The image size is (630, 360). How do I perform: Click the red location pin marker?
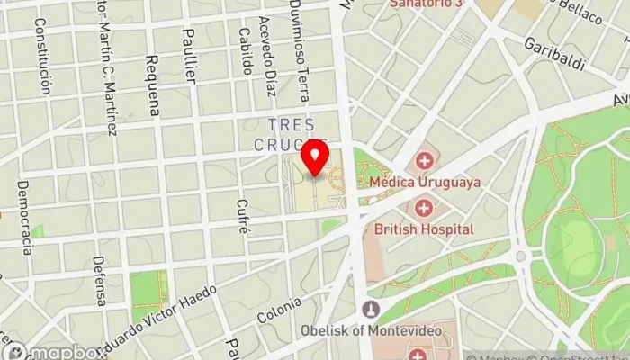(315, 157)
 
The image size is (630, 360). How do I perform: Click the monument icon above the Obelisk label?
(370, 310)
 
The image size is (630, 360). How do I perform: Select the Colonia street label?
(279, 312)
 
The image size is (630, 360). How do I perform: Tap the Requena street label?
(152, 85)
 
